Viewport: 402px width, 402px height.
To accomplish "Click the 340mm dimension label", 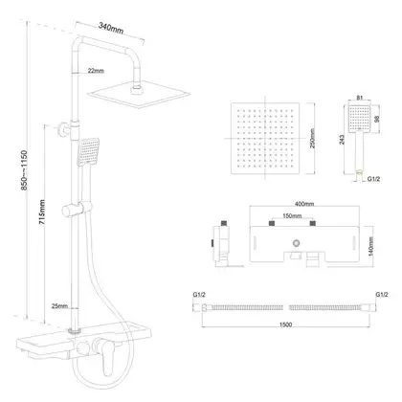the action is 111,27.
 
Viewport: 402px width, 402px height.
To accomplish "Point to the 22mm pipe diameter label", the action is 96,71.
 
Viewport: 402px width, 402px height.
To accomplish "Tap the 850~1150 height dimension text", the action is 25,170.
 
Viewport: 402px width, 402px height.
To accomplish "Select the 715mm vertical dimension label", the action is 42,212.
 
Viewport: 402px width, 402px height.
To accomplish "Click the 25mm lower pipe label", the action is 59,306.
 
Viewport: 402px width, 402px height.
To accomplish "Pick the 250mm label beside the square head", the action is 312,139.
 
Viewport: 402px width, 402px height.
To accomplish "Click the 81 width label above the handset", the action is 360,98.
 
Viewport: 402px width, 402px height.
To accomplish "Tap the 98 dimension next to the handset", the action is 377,119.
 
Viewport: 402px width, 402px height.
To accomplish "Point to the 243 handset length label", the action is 342,140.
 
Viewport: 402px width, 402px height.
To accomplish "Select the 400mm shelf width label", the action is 304,204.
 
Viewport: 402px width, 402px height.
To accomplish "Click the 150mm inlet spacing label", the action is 292,216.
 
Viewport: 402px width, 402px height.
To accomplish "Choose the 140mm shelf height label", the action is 370,247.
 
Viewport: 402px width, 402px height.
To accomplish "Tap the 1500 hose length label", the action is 285,324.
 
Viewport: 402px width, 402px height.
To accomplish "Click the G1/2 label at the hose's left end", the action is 198,295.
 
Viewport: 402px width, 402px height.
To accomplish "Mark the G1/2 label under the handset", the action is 373,179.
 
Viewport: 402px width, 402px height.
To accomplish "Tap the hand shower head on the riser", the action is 89,151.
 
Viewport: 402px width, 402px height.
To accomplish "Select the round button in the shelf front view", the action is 297,243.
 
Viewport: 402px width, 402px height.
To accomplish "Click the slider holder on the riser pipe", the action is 77,210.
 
